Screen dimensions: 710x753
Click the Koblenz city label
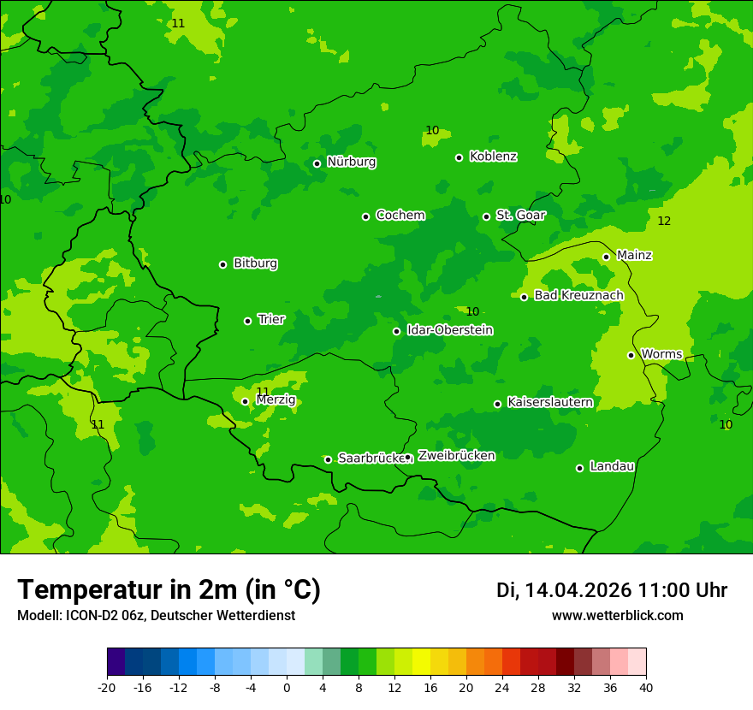[x=493, y=157]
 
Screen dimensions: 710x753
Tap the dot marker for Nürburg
[x=317, y=163]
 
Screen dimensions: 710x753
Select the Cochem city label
[x=400, y=216]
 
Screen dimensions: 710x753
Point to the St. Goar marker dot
[x=486, y=216]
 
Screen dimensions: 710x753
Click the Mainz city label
[x=634, y=255]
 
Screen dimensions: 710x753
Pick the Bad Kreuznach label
[x=578, y=296]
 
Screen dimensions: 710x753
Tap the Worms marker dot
[x=631, y=355]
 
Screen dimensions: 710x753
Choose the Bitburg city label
[x=255, y=263]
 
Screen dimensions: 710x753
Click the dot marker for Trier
[x=247, y=321]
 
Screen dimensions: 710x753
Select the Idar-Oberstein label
[x=449, y=330]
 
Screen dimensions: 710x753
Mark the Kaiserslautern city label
[x=549, y=402]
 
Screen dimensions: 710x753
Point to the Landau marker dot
[x=579, y=468]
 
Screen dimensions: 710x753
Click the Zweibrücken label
[x=456, y=456]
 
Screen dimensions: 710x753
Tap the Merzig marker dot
[x=245, y=401]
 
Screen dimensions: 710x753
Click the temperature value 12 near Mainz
[x=664, y=222]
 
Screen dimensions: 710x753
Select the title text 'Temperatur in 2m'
[x=169, y=590]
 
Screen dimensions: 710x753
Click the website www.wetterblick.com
[x=617, y=616]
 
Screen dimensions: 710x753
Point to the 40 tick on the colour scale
[x=646, y=688]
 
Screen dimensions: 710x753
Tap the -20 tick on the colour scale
[x=107, y=688]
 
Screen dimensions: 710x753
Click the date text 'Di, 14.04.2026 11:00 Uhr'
[x=611, y=590]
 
